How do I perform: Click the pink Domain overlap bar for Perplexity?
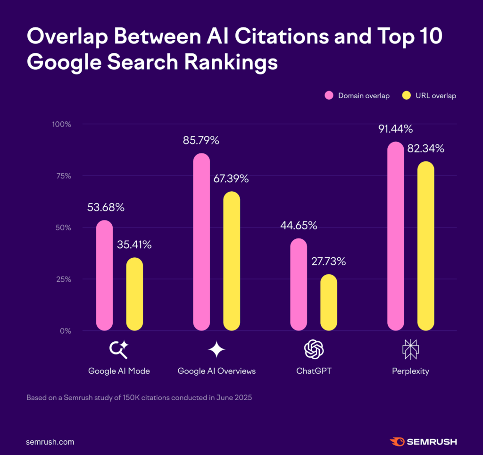pos(396,236)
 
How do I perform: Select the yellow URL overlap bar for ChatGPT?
pos(329,302)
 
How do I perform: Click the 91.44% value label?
pos(395,128)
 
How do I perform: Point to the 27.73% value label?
pos(328,261)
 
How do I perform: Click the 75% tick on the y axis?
pos(62,176)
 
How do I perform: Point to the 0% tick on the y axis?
pos(65,331)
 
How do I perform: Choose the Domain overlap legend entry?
pos(357,96)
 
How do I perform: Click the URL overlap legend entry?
pos(429,96)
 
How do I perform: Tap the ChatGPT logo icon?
pos(314,349)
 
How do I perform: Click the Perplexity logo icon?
pos(410,349)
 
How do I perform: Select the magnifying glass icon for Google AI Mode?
pos(119,349)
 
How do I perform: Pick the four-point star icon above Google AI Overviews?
pos(217,349)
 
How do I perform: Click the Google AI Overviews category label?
pos(217,371)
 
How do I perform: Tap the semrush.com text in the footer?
pos(50,442)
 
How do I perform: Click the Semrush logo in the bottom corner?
pos(423,442)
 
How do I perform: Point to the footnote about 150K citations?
pos(139,397)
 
